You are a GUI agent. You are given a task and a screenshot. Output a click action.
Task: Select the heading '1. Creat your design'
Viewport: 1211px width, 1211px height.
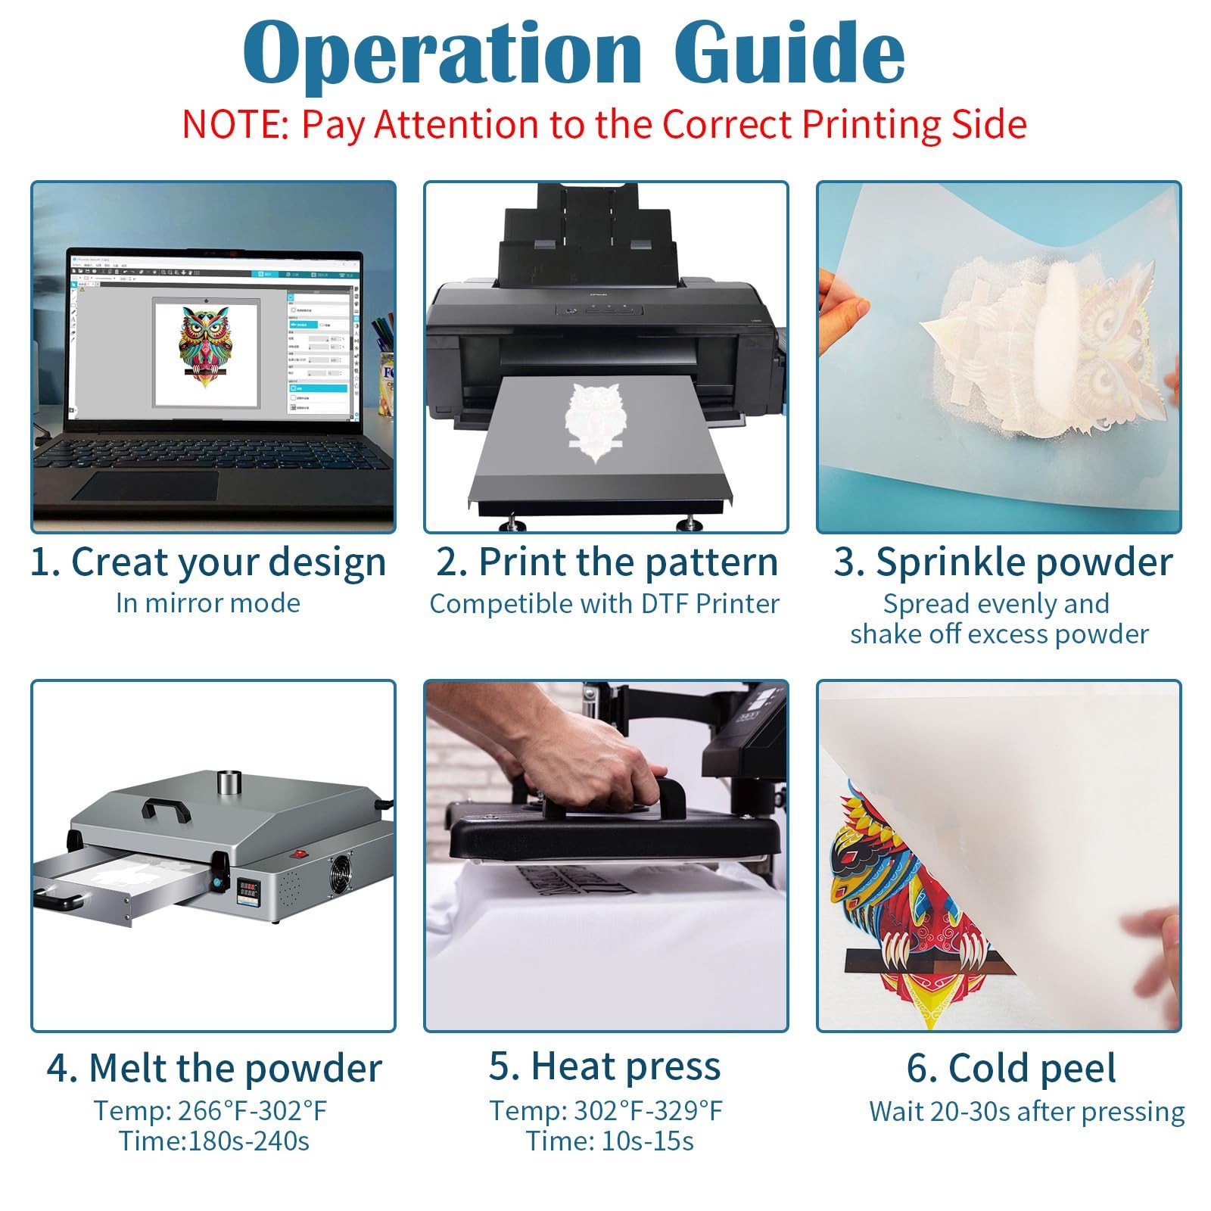208,562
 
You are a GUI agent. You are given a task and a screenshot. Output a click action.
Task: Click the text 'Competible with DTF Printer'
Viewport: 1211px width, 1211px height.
605,604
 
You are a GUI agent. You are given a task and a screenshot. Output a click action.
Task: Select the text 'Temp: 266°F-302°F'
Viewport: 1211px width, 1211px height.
210,1110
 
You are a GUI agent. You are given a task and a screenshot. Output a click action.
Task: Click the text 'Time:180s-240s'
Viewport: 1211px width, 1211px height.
214,1141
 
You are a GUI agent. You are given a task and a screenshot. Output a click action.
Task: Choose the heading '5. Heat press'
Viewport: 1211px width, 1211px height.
605,1066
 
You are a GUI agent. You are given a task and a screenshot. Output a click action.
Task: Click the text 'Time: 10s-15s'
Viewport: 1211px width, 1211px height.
610,1141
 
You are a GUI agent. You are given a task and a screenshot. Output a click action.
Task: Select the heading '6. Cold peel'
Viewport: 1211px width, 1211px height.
1011,1068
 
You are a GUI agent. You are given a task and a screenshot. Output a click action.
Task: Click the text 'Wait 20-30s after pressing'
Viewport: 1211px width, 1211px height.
1027,1112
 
